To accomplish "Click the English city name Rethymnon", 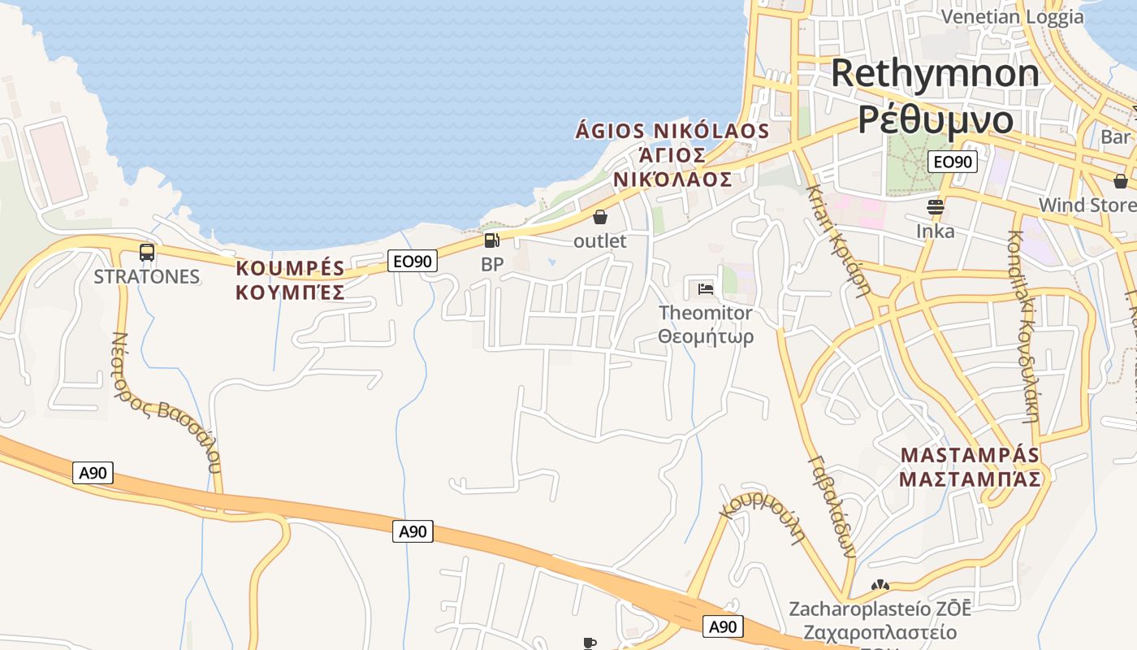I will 935,73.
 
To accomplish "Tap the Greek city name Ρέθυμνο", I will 936,119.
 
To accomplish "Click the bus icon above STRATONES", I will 147,252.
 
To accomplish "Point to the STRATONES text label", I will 146,276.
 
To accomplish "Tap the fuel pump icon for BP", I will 491,240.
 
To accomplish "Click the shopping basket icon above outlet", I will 600,217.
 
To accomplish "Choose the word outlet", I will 600,241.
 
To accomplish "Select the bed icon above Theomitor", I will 705,288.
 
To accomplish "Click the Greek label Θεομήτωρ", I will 706,336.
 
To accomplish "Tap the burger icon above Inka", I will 936,206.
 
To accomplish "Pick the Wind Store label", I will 1087,205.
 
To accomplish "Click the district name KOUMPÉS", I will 290,268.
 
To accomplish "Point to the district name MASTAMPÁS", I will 970,454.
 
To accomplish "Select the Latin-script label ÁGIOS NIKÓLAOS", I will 672,131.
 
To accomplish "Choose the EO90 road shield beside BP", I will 413,261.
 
